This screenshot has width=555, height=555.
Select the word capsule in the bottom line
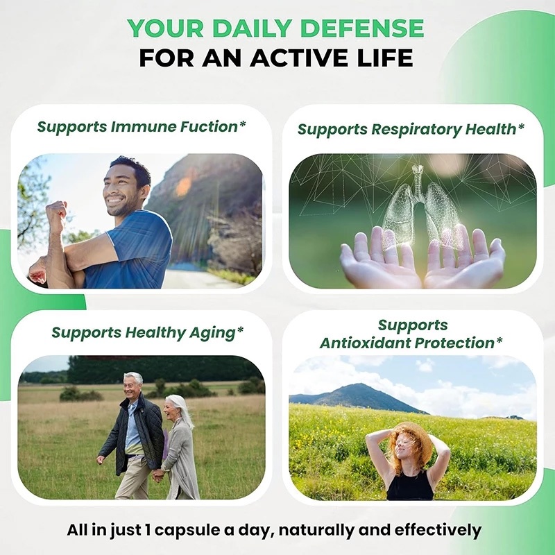[187, 531]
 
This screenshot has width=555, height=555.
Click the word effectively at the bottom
[438, 530]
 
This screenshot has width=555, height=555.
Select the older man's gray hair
[134, 377]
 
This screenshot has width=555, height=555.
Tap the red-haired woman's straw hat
[413, 440]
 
